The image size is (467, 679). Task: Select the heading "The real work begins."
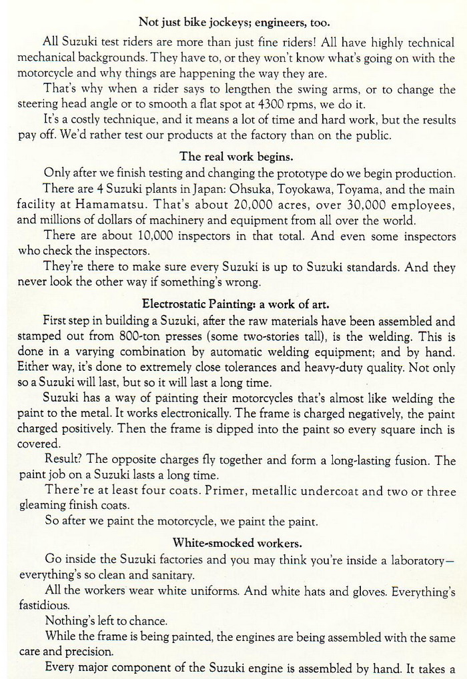tap(236, 157)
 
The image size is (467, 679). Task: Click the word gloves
tap(365, 590)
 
